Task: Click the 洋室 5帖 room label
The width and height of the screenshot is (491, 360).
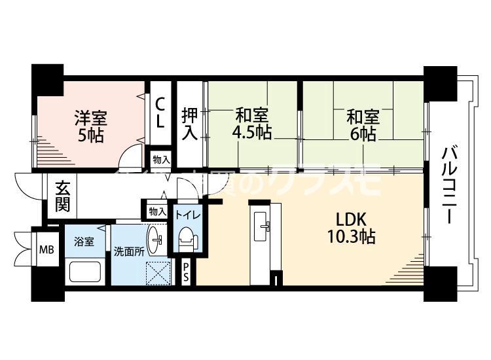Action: point(90,126)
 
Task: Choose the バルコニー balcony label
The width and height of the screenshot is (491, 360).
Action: point(449,186)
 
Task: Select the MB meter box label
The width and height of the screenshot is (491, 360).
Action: point(46,249)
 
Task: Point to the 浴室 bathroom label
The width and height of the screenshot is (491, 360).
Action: point(84,242)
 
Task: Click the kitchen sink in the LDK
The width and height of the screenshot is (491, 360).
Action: point(266,226)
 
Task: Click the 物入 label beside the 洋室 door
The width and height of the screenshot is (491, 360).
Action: point(160,159)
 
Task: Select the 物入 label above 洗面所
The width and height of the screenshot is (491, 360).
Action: point(157,211)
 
